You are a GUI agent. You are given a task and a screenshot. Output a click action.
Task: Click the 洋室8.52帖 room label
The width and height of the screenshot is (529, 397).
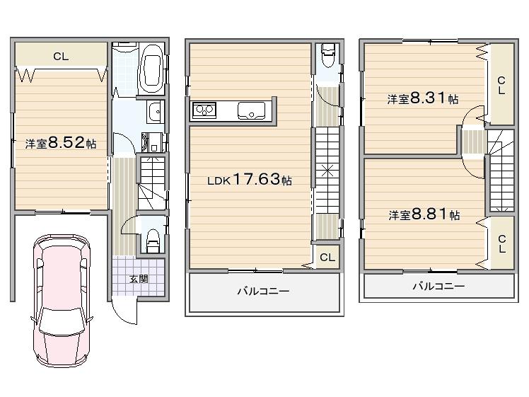(61, 144)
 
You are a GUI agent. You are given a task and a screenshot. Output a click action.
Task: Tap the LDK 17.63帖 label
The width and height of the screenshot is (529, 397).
(249, 180)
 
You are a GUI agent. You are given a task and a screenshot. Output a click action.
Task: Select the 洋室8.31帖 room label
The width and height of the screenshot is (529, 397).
(423, 100)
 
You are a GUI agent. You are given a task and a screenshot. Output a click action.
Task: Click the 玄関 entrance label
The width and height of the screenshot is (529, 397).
(139, 278)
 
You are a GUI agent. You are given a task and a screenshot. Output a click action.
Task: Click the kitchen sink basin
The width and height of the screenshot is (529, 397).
(251, 110)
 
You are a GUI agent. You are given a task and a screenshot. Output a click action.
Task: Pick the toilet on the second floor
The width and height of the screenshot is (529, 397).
(327, 56)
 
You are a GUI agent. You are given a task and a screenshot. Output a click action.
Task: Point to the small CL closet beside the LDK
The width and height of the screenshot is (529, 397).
(327, 258)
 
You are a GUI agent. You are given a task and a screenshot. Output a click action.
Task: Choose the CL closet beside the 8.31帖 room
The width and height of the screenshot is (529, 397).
(501, 86)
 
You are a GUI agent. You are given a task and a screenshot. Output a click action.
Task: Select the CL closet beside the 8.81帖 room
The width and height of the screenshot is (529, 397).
(501, 243)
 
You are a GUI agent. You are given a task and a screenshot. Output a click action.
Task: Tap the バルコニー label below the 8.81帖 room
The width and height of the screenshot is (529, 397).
(438, 286)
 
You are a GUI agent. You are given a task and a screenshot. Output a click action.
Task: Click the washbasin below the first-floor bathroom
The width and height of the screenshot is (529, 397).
(155, 112)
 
